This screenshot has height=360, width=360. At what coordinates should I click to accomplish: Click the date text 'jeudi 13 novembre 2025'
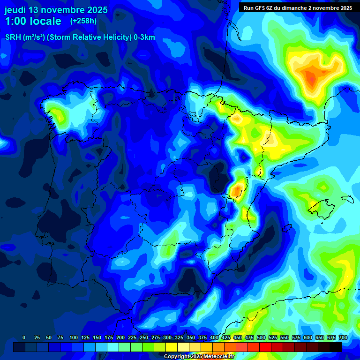coord(56,10)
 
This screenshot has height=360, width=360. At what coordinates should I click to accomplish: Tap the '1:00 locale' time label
coord(33,21)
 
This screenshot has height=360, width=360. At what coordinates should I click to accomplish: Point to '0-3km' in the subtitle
coord(144,38)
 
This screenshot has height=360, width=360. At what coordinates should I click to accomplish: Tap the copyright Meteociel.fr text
coord(199,356)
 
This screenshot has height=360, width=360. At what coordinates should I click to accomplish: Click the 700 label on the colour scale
coord(343,337)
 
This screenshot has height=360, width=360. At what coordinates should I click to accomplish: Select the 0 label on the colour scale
coord(24,337)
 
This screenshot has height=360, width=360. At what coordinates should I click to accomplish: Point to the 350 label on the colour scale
coord(191,337)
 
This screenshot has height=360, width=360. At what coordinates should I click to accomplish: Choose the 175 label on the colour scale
coord(109,337)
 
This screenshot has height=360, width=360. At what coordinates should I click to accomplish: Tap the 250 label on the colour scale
coord(144,337)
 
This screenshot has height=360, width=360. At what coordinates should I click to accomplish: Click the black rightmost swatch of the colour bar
coord(336,347)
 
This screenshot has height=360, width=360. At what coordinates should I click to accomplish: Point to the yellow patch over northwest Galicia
coord(57,114)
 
